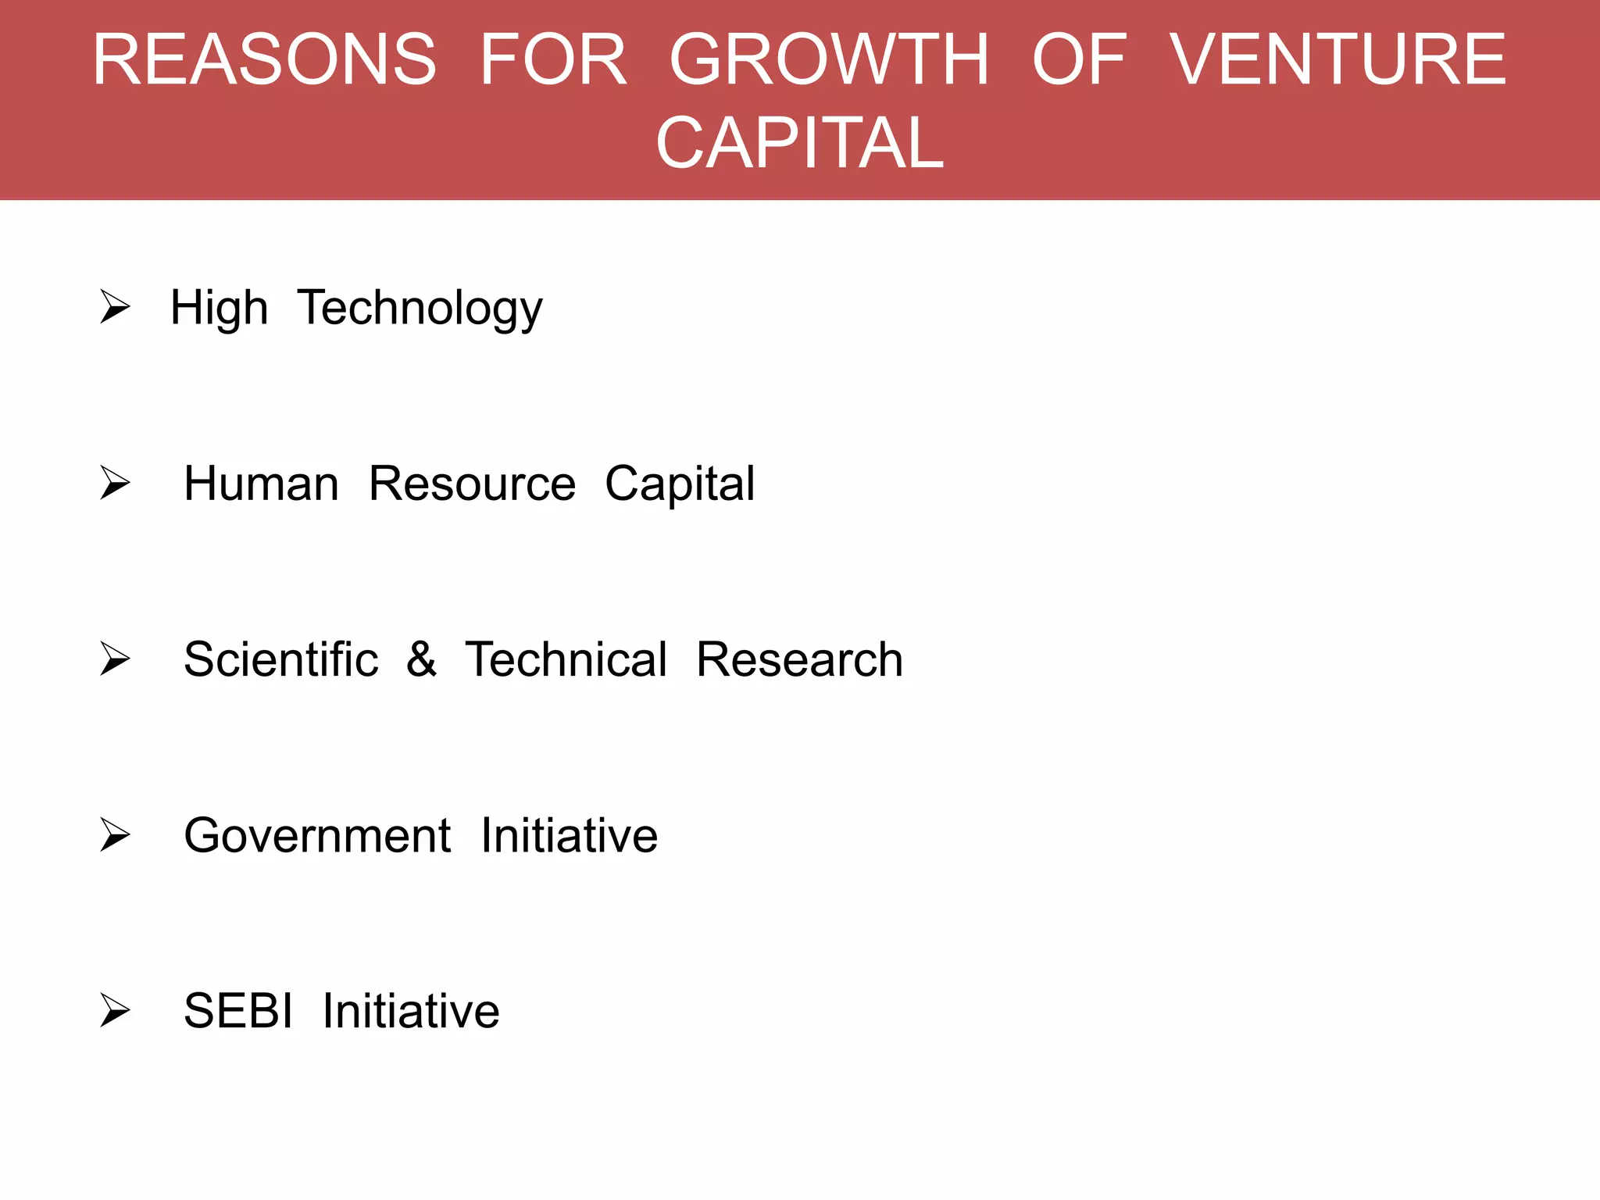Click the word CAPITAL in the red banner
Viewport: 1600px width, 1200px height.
(x=800, y=142)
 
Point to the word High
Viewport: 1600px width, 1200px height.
(x=219, y=308)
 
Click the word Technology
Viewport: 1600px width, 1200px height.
(x=420, y=308)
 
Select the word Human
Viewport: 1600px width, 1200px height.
(x=261, y=484)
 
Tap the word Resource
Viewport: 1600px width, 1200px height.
(x=472, y=484)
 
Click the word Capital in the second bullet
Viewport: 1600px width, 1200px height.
(x=680, y=484)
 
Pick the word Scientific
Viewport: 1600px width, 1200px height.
(x=280, y=659)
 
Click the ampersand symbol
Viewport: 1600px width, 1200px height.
(x=421, y=659)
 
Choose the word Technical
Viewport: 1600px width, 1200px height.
(x=566, y=659)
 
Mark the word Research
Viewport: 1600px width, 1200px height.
(x=799, y=659)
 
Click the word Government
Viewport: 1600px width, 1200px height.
(x=316, y=836)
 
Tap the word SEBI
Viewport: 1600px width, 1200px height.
(x=238, y=1011)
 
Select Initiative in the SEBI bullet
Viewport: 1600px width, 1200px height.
(x=411, y=1011)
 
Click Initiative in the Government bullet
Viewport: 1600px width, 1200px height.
(x=569, y=836)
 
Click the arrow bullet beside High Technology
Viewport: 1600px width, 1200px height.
(x=115, y=306)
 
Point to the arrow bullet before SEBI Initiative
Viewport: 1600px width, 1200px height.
(x=115, y=1010)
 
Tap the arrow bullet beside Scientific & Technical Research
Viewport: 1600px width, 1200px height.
(x=115, y=659)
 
